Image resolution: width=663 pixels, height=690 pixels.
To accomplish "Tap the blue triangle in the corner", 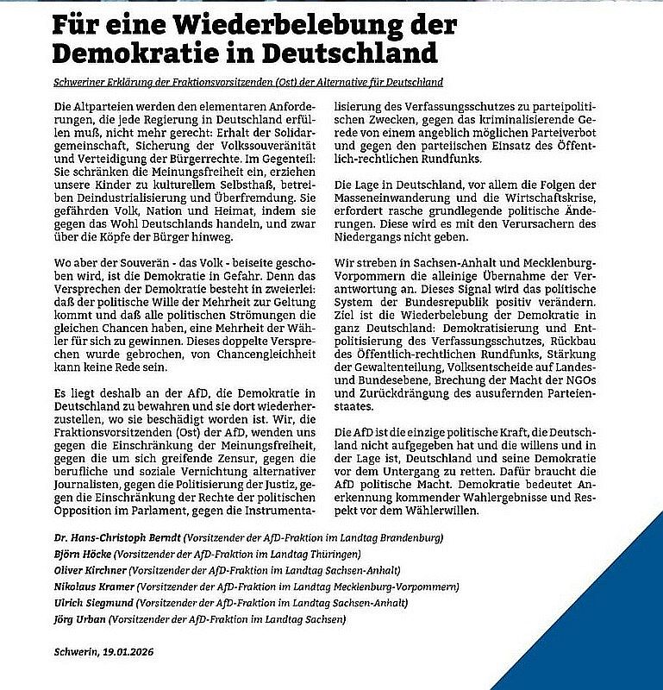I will point(604,621).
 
